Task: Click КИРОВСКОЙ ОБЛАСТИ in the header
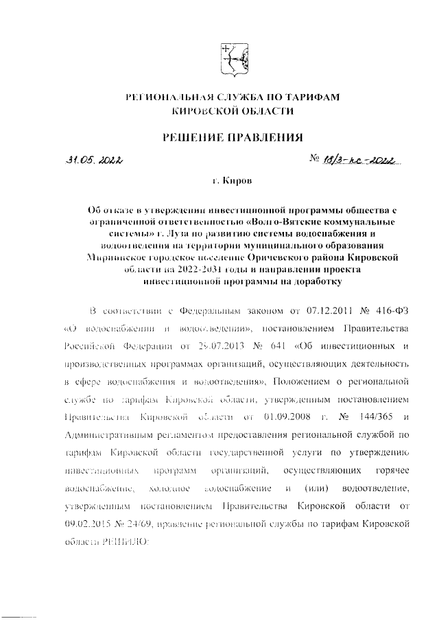click(231, 110)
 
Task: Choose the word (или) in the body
click(318, 487)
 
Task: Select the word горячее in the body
click(393, 469)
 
